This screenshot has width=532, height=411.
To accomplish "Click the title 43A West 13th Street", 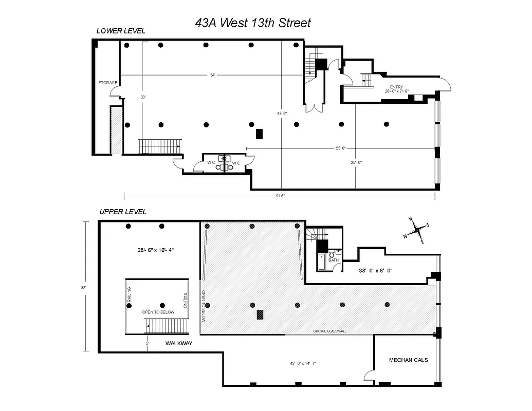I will pos(253,23).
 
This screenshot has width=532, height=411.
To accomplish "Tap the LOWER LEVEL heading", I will pos(121,31).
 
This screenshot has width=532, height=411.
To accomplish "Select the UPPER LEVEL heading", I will pos(123,212).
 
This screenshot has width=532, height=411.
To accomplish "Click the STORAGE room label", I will pos(108,83).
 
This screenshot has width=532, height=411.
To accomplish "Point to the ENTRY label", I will pos(396,87).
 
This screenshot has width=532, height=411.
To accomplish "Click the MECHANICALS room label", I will pos(408,360).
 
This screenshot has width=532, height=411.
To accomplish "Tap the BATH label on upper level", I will pos(334,260).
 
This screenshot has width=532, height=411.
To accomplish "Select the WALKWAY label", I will pos(178,343).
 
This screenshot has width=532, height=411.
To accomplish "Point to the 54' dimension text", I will pos(212,76).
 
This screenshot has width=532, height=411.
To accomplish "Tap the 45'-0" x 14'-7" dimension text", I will pos(302,363).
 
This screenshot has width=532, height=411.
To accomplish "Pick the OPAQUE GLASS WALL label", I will pos(330,331).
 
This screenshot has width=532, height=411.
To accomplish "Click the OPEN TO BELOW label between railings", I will pos(158,312).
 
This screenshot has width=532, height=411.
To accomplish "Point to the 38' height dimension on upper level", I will pos(83,288).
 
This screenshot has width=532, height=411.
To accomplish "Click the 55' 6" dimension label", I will pos(341,148).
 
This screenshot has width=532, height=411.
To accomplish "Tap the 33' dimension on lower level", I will pos(143,97).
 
